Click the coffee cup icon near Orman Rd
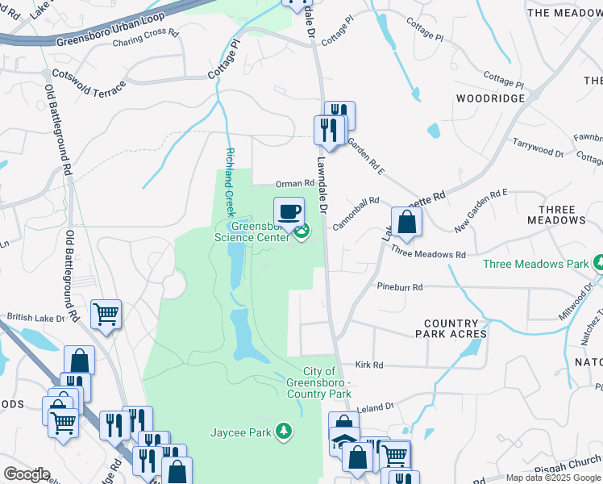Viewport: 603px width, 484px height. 289,212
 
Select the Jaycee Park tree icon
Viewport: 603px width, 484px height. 282,432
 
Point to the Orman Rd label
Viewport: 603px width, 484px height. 293,185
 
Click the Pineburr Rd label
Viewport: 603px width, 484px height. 400,286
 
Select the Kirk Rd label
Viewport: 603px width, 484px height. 368,365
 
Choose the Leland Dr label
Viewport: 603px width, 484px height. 376,407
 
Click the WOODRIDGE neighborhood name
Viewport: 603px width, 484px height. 490,98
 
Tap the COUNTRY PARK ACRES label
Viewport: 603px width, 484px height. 451,328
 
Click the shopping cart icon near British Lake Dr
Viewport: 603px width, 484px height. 106,315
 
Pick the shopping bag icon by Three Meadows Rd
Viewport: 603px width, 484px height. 407,222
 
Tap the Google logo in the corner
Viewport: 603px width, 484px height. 26,474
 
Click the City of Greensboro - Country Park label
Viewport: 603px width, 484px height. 318,382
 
